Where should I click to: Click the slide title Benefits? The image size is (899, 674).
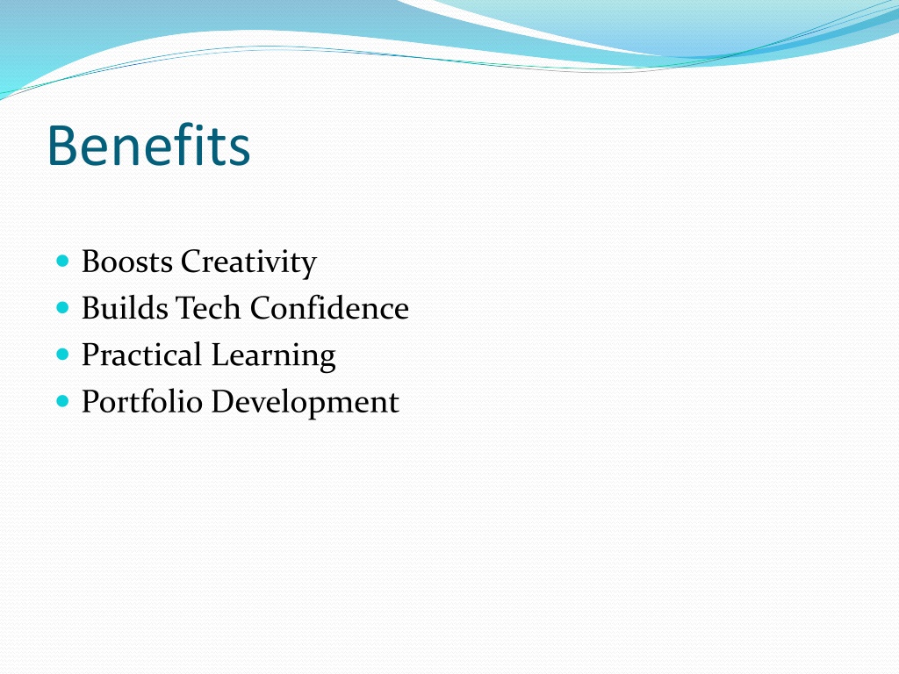point(149,146)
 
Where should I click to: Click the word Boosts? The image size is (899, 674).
point(127,262)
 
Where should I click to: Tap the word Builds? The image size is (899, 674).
point(125,308)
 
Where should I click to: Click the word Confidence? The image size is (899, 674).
point(329,308)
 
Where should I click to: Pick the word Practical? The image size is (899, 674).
point(141,355)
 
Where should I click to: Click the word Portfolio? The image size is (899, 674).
point(142,401)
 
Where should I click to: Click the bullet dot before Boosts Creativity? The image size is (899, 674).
point(63,262)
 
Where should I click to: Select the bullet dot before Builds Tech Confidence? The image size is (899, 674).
point(63,308)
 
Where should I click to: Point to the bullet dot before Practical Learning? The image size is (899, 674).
point(63,355)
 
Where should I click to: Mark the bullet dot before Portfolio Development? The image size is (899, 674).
point(63,401)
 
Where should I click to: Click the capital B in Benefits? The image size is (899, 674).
point(62,147)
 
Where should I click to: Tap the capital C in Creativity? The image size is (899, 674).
point(193,262)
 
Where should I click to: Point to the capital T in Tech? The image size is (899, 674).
point(186,308)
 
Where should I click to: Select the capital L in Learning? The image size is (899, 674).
point(221,355)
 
